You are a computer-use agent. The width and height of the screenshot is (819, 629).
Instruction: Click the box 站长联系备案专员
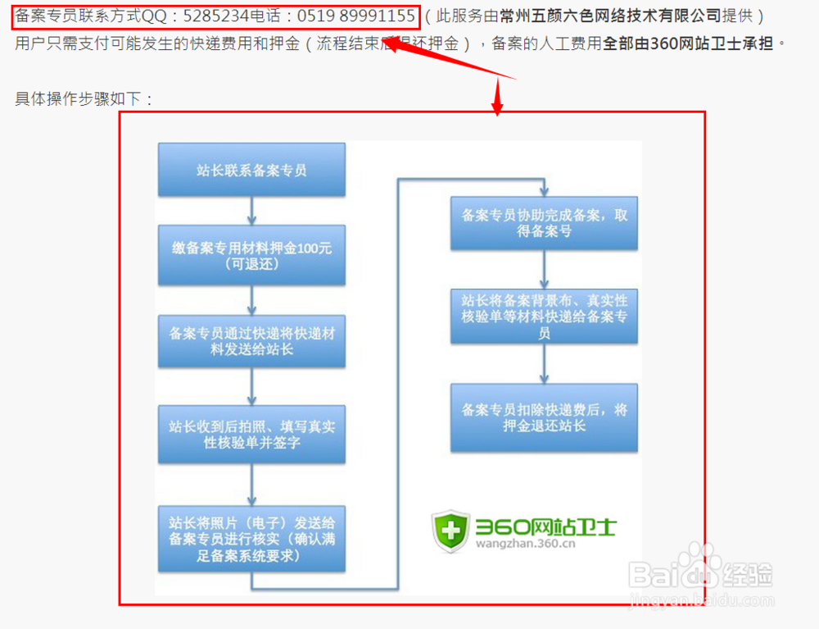click(251, 171)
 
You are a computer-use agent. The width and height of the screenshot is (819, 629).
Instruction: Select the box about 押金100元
click(251, 255)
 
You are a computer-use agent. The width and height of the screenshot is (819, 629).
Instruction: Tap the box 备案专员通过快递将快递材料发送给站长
click(251, 341)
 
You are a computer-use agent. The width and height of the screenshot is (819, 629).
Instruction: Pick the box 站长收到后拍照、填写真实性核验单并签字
click(251, 435)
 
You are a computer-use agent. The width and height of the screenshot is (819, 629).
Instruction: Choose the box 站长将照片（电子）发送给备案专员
click(251, 539)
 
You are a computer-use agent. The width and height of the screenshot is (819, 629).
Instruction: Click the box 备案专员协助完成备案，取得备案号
click(545, 223)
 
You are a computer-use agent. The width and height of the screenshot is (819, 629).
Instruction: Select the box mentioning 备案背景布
click(545, 317)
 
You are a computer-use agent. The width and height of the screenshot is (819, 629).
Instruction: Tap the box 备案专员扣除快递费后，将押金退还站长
click(545, 417)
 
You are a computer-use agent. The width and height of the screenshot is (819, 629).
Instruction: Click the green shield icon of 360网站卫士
click(450, 531)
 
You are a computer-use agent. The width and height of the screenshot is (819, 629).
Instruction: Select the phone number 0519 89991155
click(355, 16)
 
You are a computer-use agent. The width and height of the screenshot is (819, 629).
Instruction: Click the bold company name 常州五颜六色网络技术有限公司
click(610, 16)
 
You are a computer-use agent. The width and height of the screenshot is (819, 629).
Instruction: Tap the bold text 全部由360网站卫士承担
click(688, 43)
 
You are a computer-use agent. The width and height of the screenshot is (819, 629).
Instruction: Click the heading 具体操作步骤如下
click(84, 99)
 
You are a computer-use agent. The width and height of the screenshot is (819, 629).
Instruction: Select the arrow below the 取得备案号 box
click(545, 269)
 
